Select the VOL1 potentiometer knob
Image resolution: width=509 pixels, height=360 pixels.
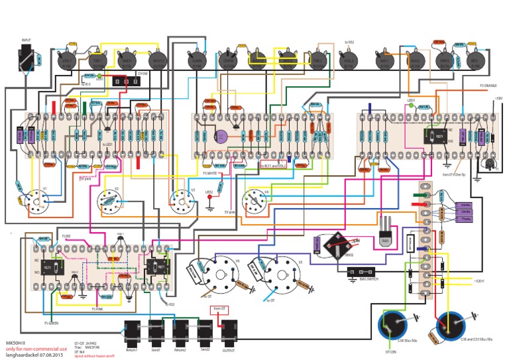tap(66, 62)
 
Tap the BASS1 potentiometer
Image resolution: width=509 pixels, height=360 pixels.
tap(158, 62)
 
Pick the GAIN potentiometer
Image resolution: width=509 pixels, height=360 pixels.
tap(197, 62)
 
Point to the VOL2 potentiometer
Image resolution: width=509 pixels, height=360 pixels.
tap(347, 62)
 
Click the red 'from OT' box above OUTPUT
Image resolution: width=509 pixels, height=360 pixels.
tap(221, 309)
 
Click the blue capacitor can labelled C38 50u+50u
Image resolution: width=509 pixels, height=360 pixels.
tap(392, 326)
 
